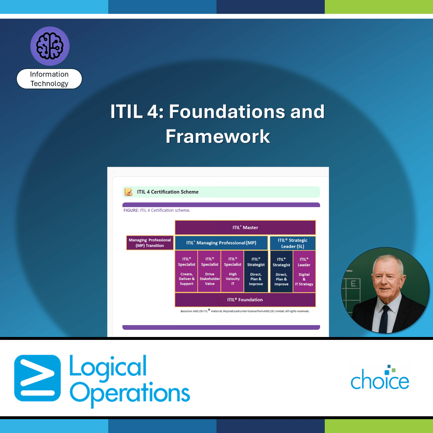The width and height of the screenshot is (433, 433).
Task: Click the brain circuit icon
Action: [50, 46]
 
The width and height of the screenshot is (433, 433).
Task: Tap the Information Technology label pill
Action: [49, 79]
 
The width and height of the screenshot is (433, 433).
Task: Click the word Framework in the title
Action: [218, 136]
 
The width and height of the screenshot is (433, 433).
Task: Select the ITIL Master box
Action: [245, 227]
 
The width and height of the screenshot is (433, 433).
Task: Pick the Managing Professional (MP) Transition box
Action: [150, 243]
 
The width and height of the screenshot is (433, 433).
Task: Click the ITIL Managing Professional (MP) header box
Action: [221, 243]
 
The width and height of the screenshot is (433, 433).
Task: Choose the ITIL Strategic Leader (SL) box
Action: [293, 243]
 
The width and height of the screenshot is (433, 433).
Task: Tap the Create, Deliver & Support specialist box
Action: [187, 271]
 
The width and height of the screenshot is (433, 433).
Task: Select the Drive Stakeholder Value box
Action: [210, 271]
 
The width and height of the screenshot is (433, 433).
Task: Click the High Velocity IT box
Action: [233, 271]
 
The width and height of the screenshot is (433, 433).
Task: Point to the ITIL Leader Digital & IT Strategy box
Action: [304, 271]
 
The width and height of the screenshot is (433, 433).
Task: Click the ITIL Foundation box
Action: [245, 300]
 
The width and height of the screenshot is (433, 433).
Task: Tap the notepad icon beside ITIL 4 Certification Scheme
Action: [128, 192]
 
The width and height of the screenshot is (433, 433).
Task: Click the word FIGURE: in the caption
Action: [131, 210]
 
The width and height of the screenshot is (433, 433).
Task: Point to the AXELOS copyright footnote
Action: [245, 311]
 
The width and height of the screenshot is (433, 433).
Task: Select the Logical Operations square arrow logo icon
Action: [37, 378]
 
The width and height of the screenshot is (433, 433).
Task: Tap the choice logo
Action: [380, 377]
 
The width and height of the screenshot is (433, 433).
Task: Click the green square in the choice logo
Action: [393, 370]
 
